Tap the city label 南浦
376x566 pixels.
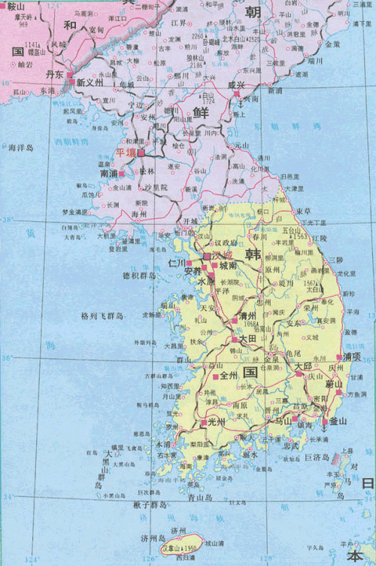point(109,173)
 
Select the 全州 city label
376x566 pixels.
point(228,375)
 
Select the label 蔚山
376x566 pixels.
point(335,385)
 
